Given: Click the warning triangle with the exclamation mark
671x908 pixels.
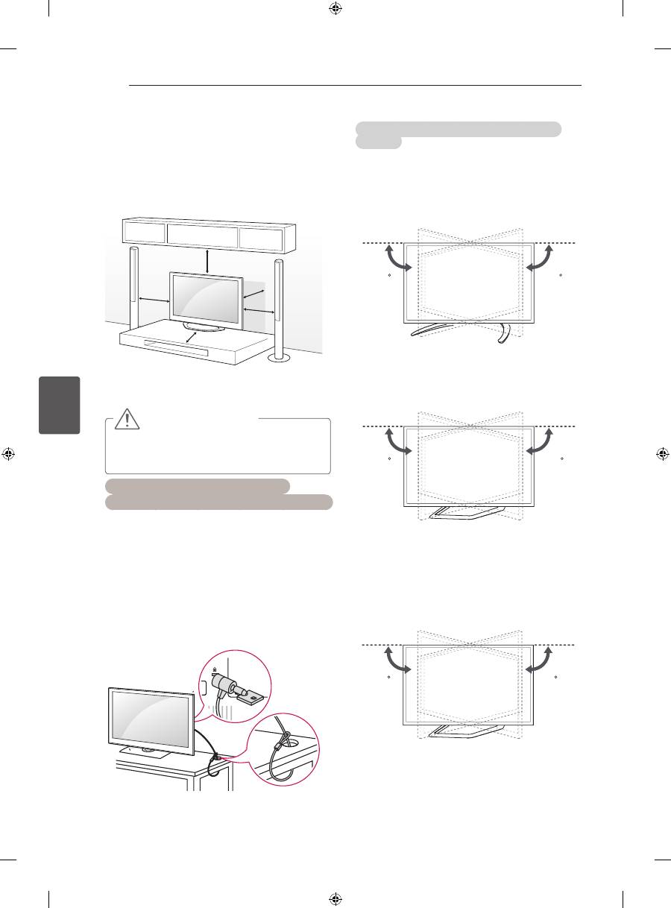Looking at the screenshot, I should (x=127, y=420).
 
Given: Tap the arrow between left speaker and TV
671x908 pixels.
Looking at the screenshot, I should (x=154, y=300).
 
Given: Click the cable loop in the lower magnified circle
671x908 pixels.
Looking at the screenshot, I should (x=284, y=746).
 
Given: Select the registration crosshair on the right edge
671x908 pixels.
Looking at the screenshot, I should (x=661, y=453).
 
